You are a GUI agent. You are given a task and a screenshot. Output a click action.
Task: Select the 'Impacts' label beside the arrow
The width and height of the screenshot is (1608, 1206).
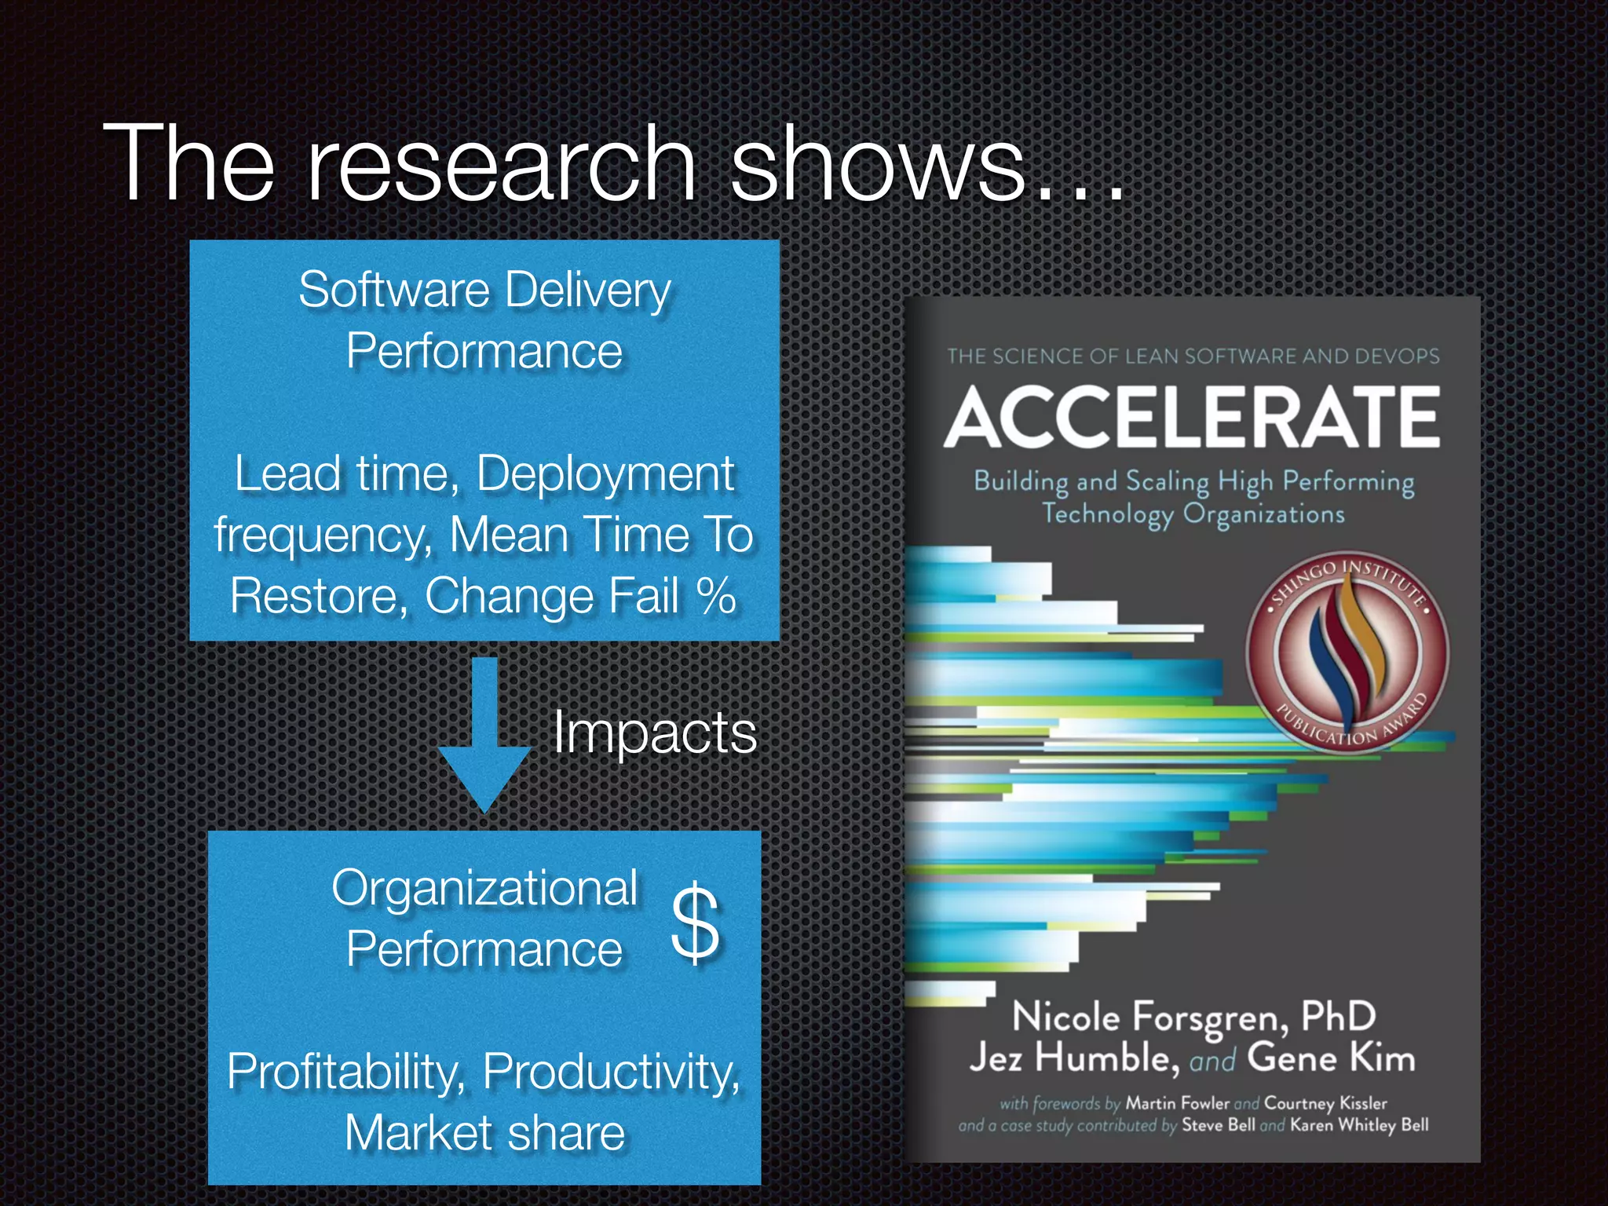[x=655, y=733]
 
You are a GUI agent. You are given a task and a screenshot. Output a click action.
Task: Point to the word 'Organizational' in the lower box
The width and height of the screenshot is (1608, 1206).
[x=484, y=889]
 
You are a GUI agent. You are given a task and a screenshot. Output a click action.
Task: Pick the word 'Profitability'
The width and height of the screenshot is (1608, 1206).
[x=345, y=1071]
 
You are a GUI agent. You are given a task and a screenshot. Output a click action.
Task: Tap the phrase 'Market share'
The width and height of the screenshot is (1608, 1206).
[x=484, y=1133]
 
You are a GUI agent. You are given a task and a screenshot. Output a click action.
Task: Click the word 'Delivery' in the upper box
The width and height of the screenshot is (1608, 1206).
[x=588, y=291]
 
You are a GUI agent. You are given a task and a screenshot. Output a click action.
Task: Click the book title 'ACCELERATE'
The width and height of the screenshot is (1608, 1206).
[x=1192, y=417]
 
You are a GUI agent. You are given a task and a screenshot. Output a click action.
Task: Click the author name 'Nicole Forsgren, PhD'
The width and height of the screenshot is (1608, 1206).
[x=1193, y=1017]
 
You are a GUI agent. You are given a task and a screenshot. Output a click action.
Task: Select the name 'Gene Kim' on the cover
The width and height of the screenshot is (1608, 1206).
[x=1332, y=1058]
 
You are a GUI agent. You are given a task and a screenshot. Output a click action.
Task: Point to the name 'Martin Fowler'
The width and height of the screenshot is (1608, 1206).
[x=1178, y=1103]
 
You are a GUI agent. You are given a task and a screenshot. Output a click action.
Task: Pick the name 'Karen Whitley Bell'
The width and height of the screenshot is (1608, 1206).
[x=1359, y=1125]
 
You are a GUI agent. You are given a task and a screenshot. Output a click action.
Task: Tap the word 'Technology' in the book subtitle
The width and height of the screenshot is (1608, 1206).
[x=1108, y=514]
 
